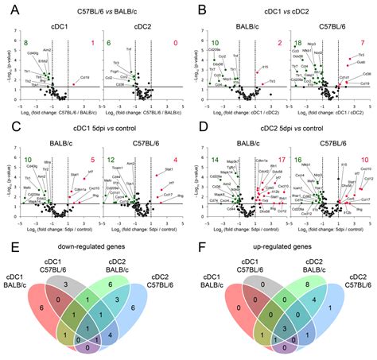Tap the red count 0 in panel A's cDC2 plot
point(172,41)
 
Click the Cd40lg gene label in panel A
point(33,54)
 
